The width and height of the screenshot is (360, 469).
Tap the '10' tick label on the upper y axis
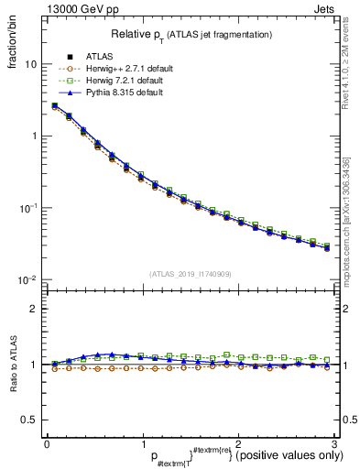coord(30,65)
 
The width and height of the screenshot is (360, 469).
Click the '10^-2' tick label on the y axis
coord(27,279)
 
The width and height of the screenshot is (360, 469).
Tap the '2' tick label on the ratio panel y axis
coord(33,309)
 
